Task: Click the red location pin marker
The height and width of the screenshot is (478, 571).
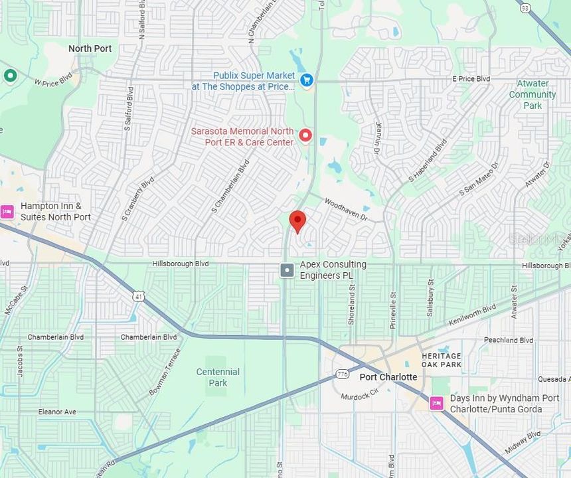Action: pos(298,221)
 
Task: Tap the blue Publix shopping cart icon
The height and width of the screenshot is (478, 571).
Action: pos(306,80)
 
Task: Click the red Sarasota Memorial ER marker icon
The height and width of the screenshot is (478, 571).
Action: pos(305,135)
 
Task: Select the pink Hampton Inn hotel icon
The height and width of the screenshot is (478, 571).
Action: pos(7,211)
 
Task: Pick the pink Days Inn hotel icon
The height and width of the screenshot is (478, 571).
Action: pos(436,403)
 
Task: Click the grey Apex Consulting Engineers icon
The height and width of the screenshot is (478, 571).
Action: pos(287,270)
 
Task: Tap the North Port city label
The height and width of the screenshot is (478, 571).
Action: pos(90,48)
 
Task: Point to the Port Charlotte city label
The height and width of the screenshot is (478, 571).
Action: pos(388,377)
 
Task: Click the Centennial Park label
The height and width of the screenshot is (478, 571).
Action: pos(218,377)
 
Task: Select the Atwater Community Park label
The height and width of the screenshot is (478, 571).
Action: pos(532,94)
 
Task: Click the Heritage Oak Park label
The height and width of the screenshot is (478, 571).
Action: pos(441,360)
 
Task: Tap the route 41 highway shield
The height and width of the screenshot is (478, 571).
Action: pos(137,294)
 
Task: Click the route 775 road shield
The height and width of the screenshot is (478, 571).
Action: pos(342,374)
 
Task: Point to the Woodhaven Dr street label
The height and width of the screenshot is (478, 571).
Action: pos(345,209)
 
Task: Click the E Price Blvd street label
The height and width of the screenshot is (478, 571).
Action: pos(471,79)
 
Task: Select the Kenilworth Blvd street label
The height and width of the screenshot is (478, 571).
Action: pos(471,317)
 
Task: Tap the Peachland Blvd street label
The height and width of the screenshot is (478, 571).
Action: pos(509,341)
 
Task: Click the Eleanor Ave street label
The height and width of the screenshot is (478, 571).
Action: pos(57,412)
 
